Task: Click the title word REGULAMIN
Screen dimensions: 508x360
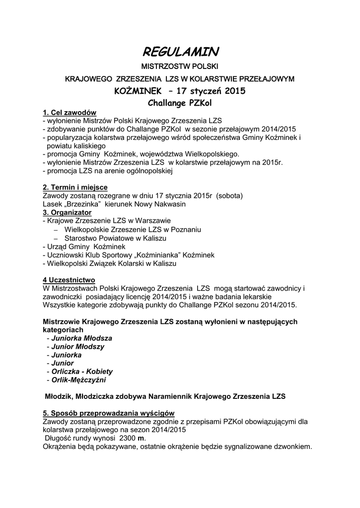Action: (x=180, y=51)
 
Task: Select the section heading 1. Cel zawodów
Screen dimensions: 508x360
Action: (x=70, y=113)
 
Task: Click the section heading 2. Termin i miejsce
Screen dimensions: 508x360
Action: (x=75, y=187)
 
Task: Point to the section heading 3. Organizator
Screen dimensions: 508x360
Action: (x=67, y=212)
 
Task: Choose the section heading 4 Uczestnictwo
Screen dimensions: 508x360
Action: (x=69, y=279)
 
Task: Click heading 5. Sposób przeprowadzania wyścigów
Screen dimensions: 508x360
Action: (x=109, y=413)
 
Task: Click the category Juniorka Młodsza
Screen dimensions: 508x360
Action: (x=79, y=338)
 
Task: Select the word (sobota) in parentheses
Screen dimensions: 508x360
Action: (x=229, y=195)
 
